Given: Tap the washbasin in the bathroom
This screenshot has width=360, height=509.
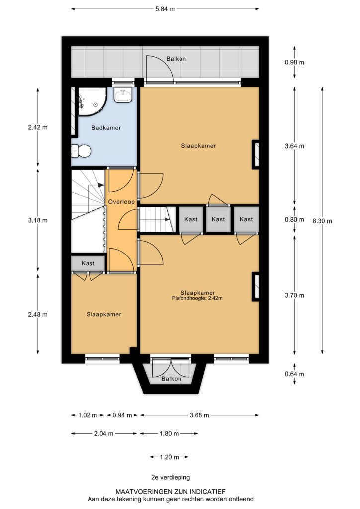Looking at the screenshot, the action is coord(123,95).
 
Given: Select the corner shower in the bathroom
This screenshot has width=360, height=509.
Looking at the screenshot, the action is coord(92,101).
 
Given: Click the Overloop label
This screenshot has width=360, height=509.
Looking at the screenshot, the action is coord(121,202).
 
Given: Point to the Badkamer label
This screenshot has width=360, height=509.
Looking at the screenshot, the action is coord(106,128).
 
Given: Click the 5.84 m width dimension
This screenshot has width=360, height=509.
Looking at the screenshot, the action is coord(165,9).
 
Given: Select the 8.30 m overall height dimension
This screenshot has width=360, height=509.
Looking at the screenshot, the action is coord(322,221).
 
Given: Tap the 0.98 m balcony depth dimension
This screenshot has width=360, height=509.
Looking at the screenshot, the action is coord(294,62).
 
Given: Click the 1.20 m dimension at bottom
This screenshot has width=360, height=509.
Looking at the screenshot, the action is coord(169,457).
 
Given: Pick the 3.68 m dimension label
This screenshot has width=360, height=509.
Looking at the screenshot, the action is coord(199,415).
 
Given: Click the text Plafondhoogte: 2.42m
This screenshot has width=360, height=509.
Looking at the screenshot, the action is coord(197,298).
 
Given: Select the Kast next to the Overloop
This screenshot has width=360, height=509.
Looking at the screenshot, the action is coord(88,263).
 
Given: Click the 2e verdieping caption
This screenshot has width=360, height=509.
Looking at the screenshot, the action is coord(171,477).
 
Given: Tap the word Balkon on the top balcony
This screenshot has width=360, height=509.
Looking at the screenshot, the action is coord(176,59).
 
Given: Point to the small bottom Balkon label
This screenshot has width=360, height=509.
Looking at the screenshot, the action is coord(171,379).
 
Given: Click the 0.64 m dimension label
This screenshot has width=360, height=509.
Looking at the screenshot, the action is coord(294,374).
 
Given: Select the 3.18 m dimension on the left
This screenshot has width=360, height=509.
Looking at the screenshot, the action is coord(38,220).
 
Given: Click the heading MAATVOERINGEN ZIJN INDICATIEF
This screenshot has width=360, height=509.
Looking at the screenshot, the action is coord(171,492).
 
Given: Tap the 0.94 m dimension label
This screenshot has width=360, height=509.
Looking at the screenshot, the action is coord(122,415).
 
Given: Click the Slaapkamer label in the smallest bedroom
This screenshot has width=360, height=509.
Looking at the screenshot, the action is coord(104,314).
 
